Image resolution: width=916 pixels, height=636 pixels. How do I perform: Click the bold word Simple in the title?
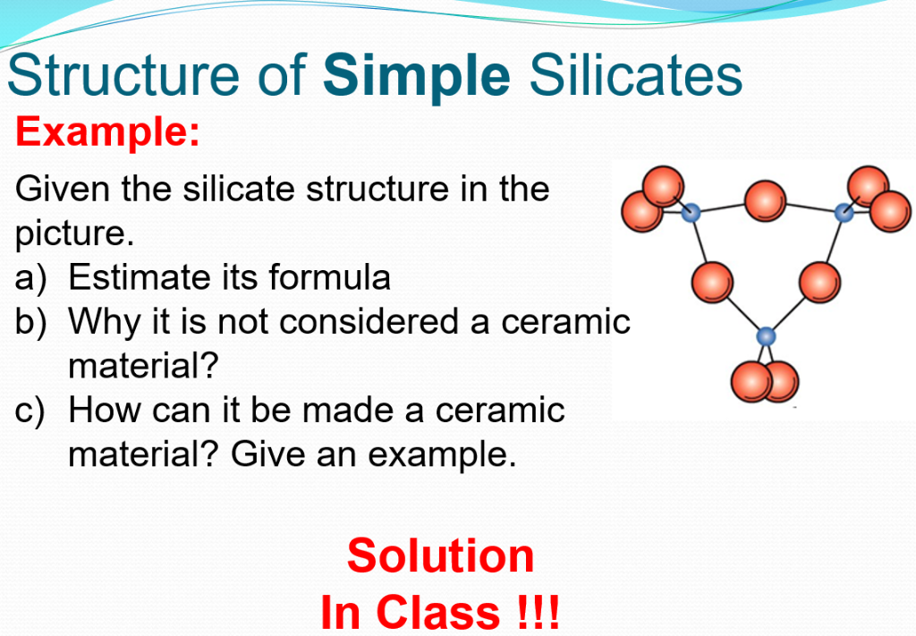[417, 77]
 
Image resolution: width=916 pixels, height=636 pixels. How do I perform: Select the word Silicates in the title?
[636, 77]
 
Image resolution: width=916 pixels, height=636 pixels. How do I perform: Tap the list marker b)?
[33, 321]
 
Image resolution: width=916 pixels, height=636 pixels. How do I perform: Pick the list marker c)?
[33, 411]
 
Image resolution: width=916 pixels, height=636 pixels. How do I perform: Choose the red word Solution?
[440, 556]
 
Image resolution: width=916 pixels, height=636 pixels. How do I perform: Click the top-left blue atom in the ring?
[690, 214]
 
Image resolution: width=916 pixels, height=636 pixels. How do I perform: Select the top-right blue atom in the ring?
[843, 213]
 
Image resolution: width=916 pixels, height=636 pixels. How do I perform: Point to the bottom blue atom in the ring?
[766, 336]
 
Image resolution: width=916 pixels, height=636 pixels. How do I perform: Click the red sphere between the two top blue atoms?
[765, 201]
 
